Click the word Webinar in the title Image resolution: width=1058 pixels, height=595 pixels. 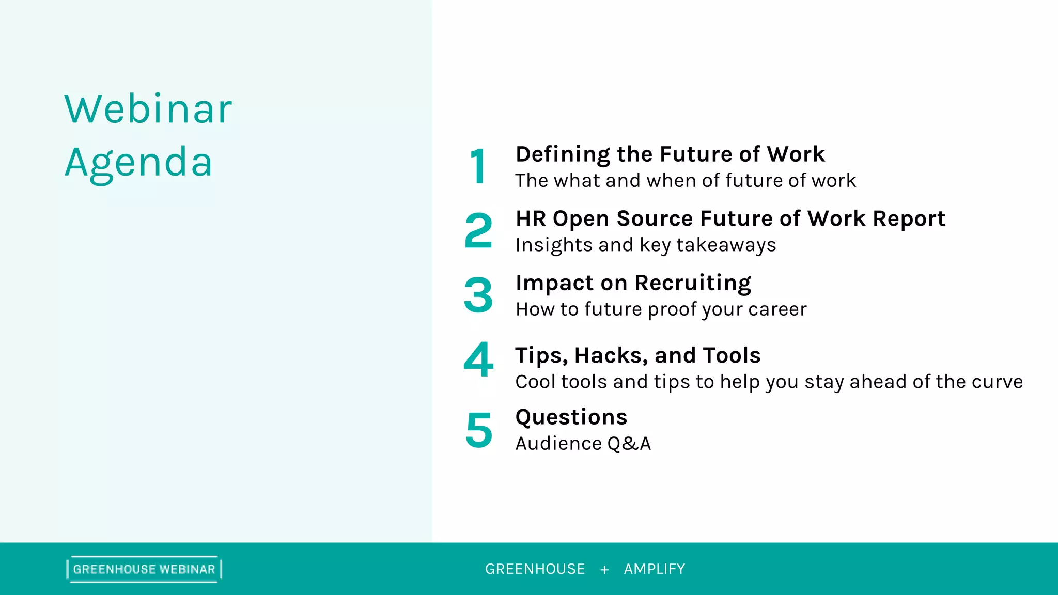point(148,109)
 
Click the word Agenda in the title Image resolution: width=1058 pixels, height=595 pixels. point(138,163)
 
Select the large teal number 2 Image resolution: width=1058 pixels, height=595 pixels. point(478,231)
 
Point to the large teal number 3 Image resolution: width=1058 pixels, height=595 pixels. point(478,295)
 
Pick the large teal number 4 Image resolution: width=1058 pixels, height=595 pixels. point(478,359)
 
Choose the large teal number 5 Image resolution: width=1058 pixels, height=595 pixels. point(479,430)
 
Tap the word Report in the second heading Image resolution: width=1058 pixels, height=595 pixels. point(909,218)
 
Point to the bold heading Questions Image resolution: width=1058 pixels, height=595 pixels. point(571,417)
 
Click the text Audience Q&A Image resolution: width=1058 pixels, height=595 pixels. point(583,444)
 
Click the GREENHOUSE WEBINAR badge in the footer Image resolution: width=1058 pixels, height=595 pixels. point(144,569)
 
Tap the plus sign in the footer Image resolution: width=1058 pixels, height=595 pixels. point(604,570)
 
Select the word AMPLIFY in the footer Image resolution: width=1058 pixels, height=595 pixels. point(654,569)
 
